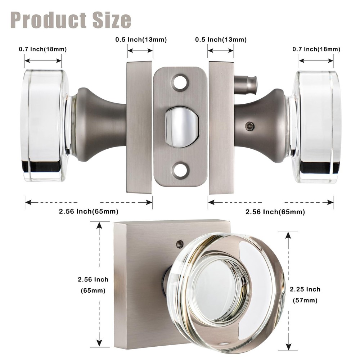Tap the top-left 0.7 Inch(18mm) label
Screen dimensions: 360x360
[43, 49]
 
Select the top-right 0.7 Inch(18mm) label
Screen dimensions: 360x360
[316, 49]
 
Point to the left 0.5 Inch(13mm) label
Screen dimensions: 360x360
[141, 40]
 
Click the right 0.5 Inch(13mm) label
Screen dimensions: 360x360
[221, 40]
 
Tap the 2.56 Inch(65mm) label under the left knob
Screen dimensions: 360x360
[89, 211]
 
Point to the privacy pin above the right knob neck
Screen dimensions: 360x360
[247, 83]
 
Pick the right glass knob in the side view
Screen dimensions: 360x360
[316, 126]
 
